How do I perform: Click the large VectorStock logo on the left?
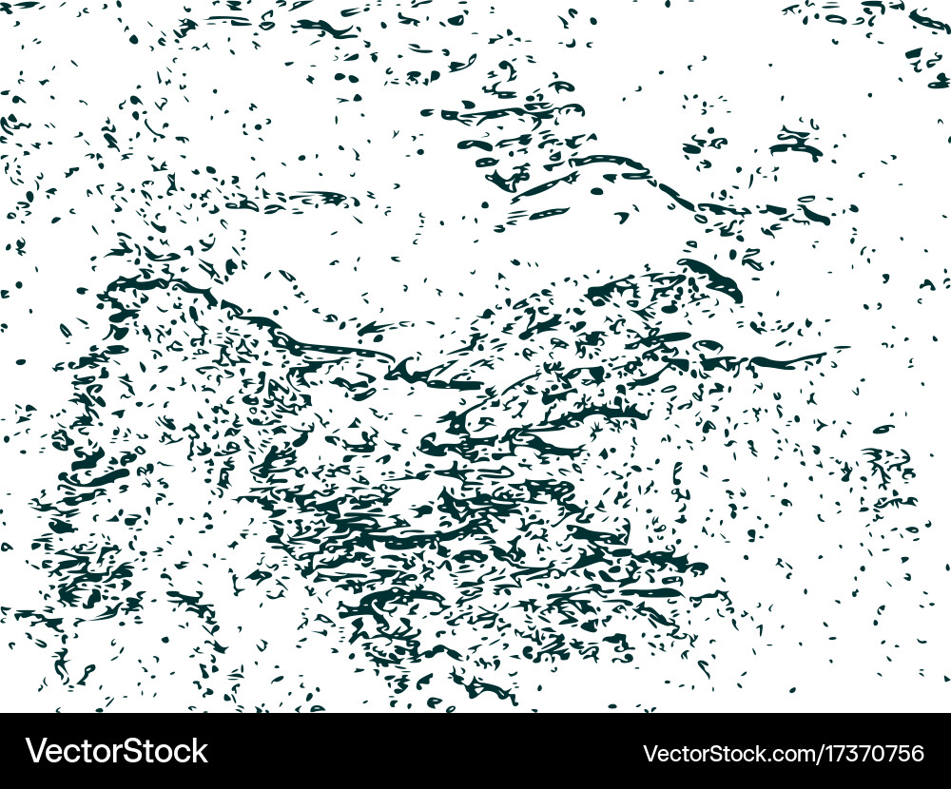click(117, 751)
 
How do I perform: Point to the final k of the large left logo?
click(200, 751)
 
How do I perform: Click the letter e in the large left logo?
click(55, 753)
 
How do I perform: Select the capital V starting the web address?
click(650, 754)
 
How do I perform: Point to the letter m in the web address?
click(806, 756)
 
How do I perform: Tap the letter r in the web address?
click(706, 756)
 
